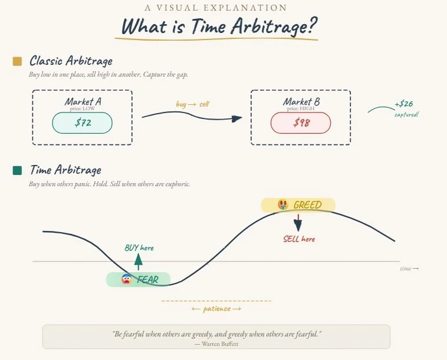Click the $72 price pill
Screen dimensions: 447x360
tap(82, 123)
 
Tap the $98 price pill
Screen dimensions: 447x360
tap(300, 123)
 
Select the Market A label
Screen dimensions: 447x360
tap(83, 101)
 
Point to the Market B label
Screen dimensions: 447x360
tap(301, 101)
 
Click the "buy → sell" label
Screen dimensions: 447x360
tap(192, 104)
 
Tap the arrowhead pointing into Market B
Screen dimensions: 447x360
tap(236, 118)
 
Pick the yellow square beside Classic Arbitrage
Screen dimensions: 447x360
tap(17, 61)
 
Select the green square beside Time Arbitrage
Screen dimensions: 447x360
tap(17, 170)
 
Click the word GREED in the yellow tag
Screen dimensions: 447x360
tap(307, 205)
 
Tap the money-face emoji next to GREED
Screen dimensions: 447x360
tap(283, 205)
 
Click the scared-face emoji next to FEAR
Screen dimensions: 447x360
tap(126, 279)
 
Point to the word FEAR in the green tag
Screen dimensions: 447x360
tap(147, 280)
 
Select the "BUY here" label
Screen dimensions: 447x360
tap(139, 247)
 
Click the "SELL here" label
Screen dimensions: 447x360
tap(299, 239)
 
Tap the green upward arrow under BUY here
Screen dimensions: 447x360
tap(138, 261)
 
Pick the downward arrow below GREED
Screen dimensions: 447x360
tap(298, 224)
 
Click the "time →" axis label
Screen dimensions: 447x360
tap(409, 268)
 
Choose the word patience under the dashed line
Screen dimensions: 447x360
tap(216, 308)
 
